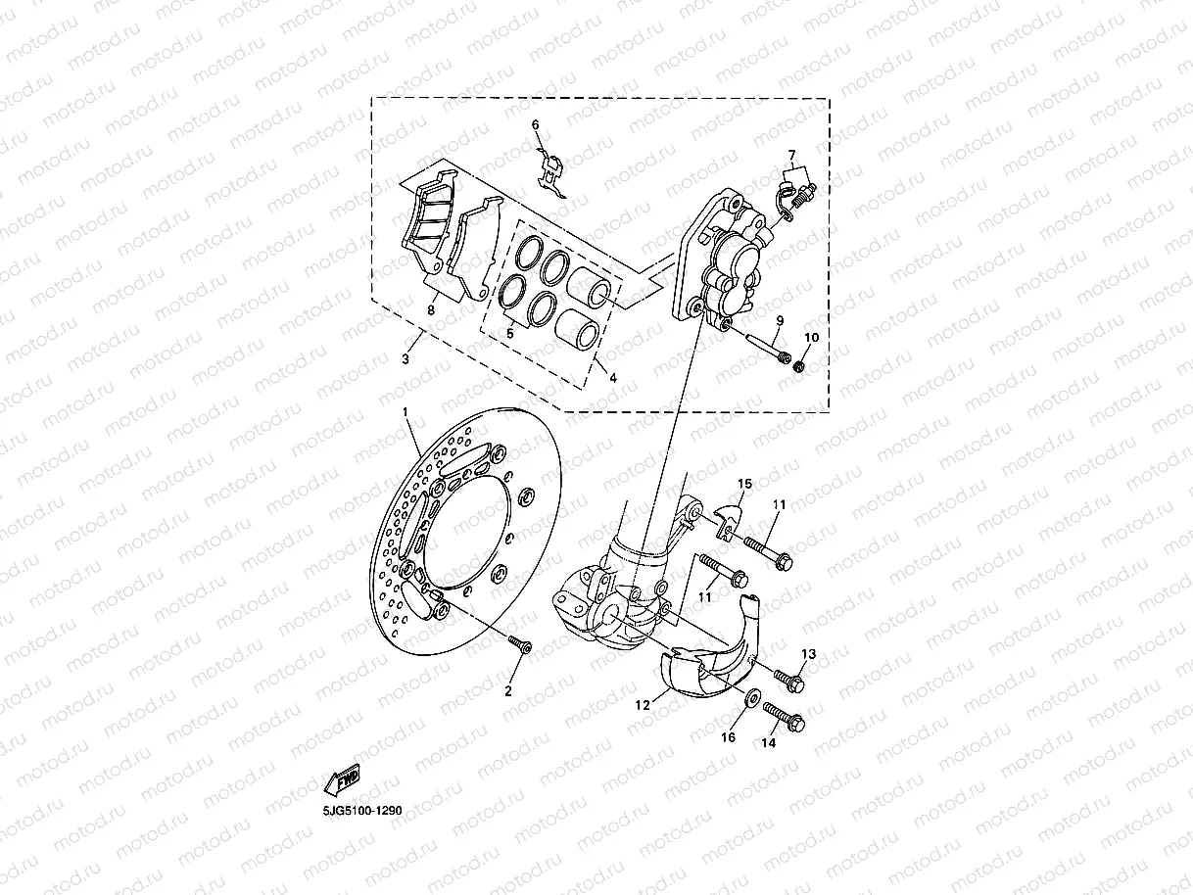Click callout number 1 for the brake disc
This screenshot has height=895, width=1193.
(406, 414)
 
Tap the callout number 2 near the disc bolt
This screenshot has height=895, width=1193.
(508, 690)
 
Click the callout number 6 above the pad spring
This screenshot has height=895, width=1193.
(536, 124)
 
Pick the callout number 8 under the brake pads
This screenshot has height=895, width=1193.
(430, 309)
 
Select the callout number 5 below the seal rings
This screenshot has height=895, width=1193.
(509, 333)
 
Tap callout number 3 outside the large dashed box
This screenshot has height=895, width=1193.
(405, 359)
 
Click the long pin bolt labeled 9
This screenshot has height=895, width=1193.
(766, 346)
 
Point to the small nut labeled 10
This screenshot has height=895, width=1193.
(799, 366)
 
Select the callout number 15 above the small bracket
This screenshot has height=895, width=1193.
(744, 484)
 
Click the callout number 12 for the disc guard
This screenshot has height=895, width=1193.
(643, 703)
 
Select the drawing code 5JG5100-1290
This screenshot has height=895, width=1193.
(361, 811)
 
